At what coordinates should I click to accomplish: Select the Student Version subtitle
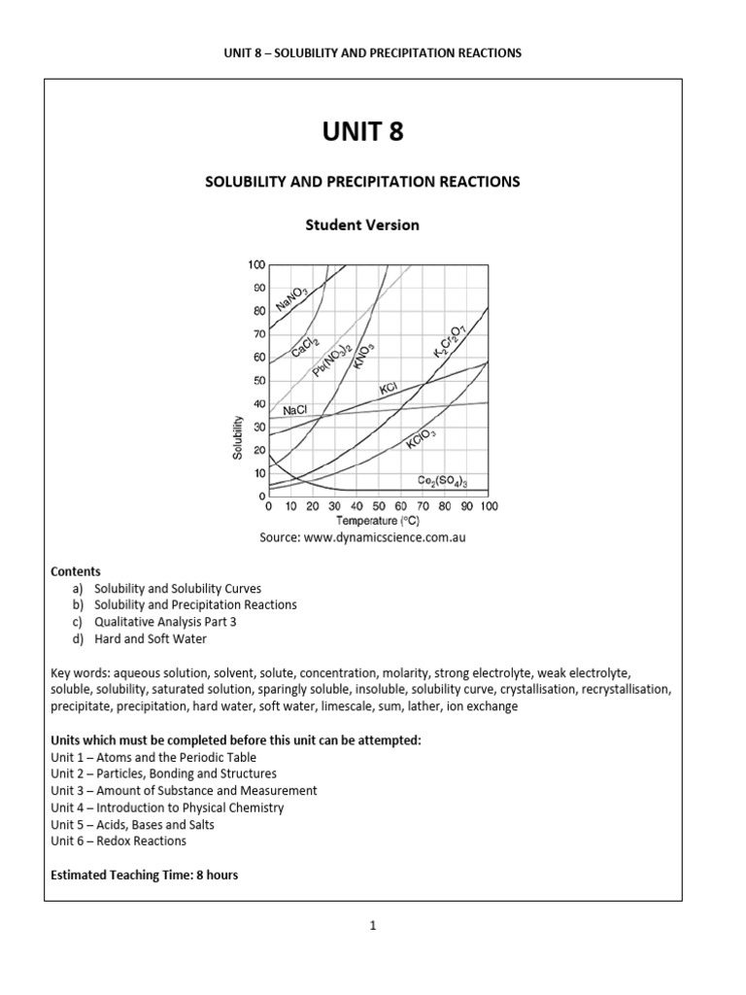pyautogui.click(x=362, y=224)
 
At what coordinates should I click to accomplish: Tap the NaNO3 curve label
pyautogui.click(x=292, y=297)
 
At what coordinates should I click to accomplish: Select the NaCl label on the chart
pyautogui.click(x=294, y=411)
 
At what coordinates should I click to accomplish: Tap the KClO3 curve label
pyautogui.click(x=421, y=438)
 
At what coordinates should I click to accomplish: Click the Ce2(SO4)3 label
pyautogui.click(x=443, y=480)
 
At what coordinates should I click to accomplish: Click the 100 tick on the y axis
pyautogui.click(x=256, y=265)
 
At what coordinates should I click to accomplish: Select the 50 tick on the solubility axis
pyautogui.click(x=259, y=381)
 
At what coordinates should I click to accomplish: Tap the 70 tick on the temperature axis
pyautogui.click(x=423, y=506)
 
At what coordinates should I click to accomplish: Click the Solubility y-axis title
pyautogui.click(x=237, y=437)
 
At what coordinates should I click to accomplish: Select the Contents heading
pyautogui.click(x=75, y=571)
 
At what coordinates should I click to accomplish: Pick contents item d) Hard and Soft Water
pyautogui.click(x=151, y=639)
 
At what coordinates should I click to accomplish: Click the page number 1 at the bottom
pyautogui.click(x=372, y=926)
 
